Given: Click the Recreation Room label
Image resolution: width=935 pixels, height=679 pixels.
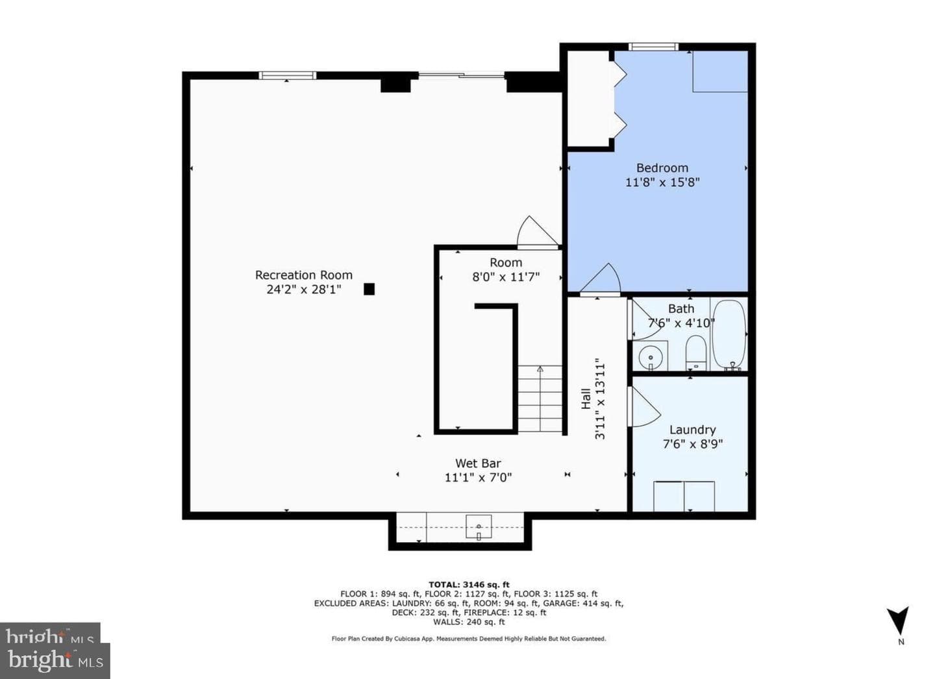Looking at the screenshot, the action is click(x=303, y=275).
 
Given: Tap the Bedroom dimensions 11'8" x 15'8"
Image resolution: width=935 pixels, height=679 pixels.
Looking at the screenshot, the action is click(x=662, y=182).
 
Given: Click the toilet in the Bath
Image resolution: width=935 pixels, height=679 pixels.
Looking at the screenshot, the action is click(x=695, y=353).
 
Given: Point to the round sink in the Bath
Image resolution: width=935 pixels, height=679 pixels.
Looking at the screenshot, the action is click(x=651, y=358).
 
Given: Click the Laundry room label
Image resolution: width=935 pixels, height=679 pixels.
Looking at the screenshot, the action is click(x=692, y=430).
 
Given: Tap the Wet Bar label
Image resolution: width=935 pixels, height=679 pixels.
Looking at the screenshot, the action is click(x=478, y=463).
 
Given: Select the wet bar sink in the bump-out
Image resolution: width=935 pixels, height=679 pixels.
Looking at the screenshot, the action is click(x=479, y=526).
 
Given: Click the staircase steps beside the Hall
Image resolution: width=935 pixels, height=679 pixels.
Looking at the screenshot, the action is click(x=540, y=399).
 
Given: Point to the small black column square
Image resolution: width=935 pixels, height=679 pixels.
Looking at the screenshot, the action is click(x=369, y=289).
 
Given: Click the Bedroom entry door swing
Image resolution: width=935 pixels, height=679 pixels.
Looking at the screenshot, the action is click(x=601, y=278).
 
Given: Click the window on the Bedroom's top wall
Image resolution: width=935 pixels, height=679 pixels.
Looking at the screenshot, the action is click(x=654, y=47).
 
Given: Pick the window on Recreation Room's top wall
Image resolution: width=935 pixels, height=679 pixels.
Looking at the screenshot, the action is click(x=287, y=75).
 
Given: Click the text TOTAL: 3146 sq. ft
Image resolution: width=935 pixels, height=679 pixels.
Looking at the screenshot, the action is click(x=469, y=584).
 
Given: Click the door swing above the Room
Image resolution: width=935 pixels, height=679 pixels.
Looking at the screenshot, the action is click(x=537, y=232).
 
